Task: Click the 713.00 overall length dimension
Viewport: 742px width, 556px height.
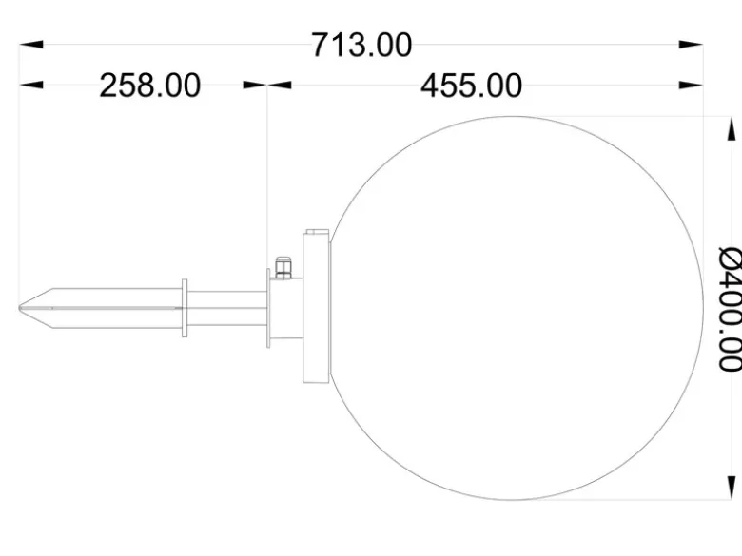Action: [361, 46]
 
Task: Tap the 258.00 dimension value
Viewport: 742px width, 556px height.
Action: [150, 86]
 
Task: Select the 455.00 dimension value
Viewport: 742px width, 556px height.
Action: [471, 86]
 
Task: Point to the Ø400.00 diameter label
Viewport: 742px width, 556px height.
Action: [730, 308]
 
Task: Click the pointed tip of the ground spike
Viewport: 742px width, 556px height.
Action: [20, 308]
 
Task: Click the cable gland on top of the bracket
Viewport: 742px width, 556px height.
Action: [283, 267]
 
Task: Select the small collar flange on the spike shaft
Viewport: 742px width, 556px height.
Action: [185, 308]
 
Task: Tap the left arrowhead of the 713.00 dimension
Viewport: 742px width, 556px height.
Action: [31, 45]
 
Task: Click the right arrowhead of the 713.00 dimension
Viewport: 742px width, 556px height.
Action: [691, 45]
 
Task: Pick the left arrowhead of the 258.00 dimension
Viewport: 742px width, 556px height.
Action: [31, 86]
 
